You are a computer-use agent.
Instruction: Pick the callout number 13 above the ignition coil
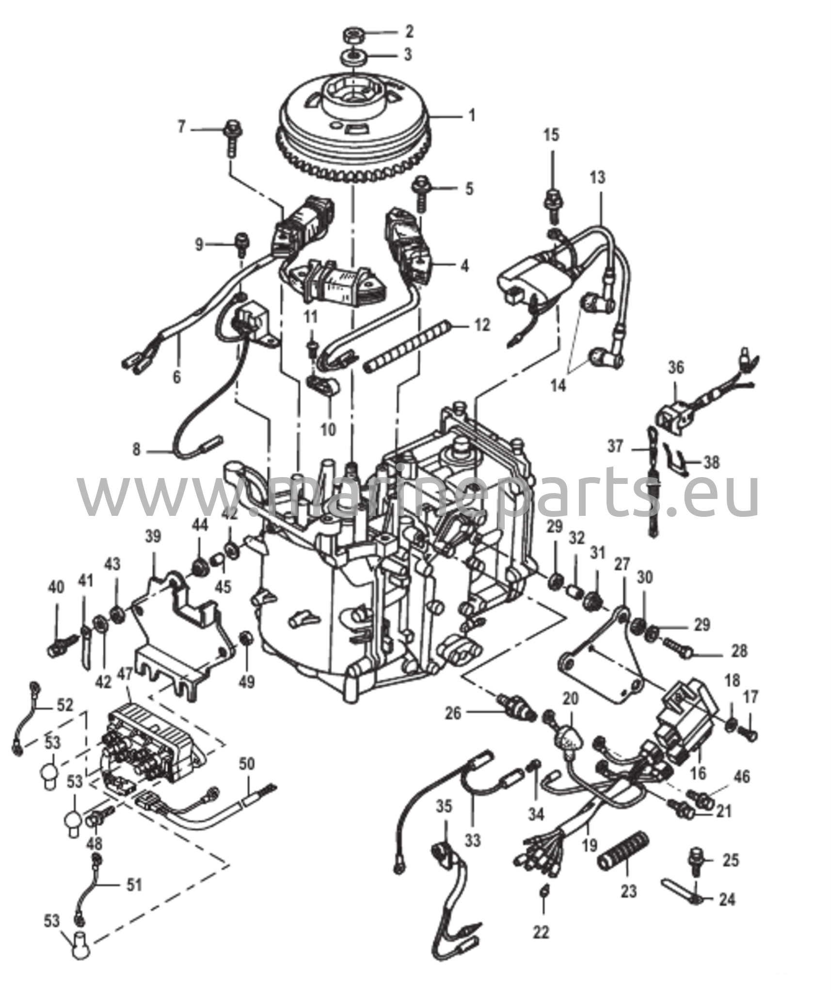point(598,177)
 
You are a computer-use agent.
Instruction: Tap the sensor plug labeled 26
point(516,709)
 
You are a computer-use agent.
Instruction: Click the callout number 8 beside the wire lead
point(137,450)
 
